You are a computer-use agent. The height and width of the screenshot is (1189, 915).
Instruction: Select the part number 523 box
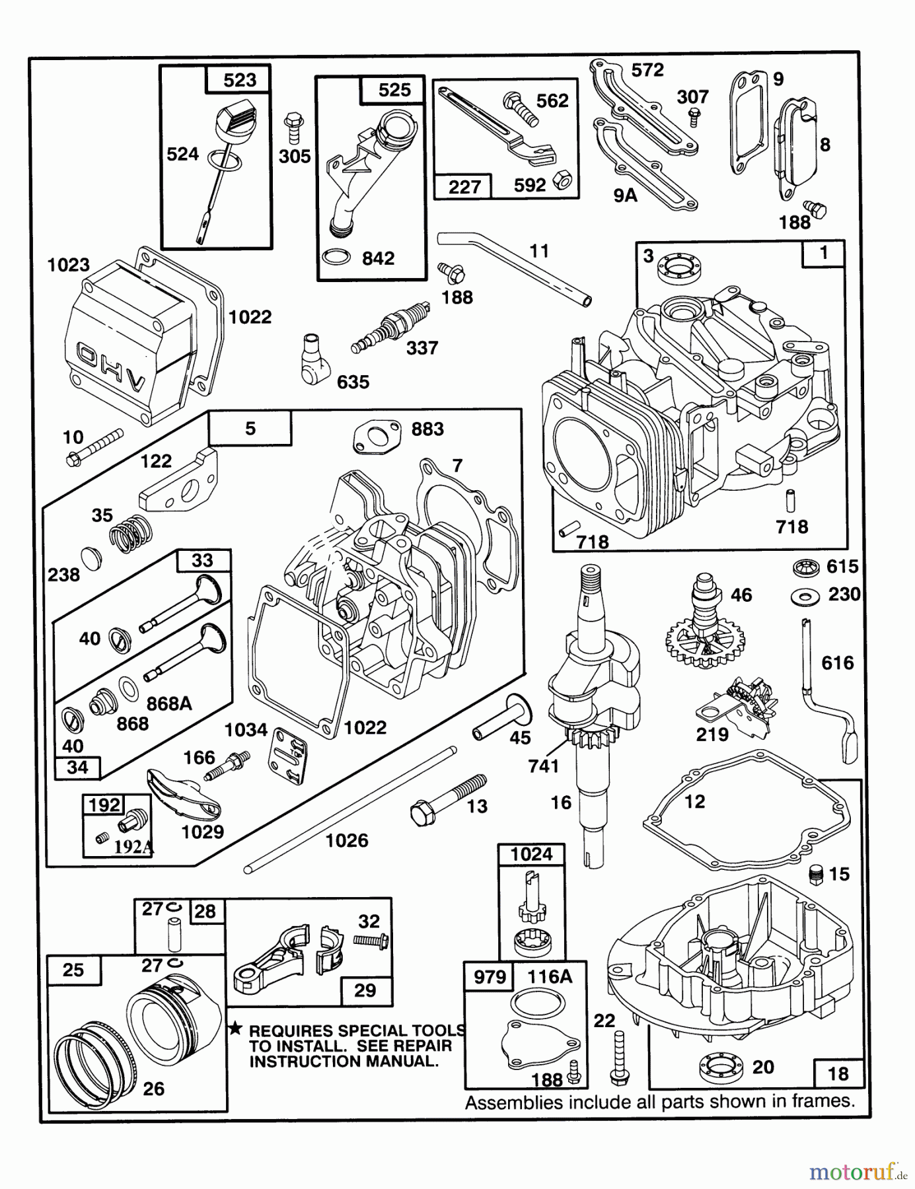239,80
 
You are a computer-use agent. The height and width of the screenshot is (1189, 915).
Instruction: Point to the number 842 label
378,258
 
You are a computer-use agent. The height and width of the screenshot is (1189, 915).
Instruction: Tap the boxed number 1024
532,854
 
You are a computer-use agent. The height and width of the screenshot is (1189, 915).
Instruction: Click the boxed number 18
838,1073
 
